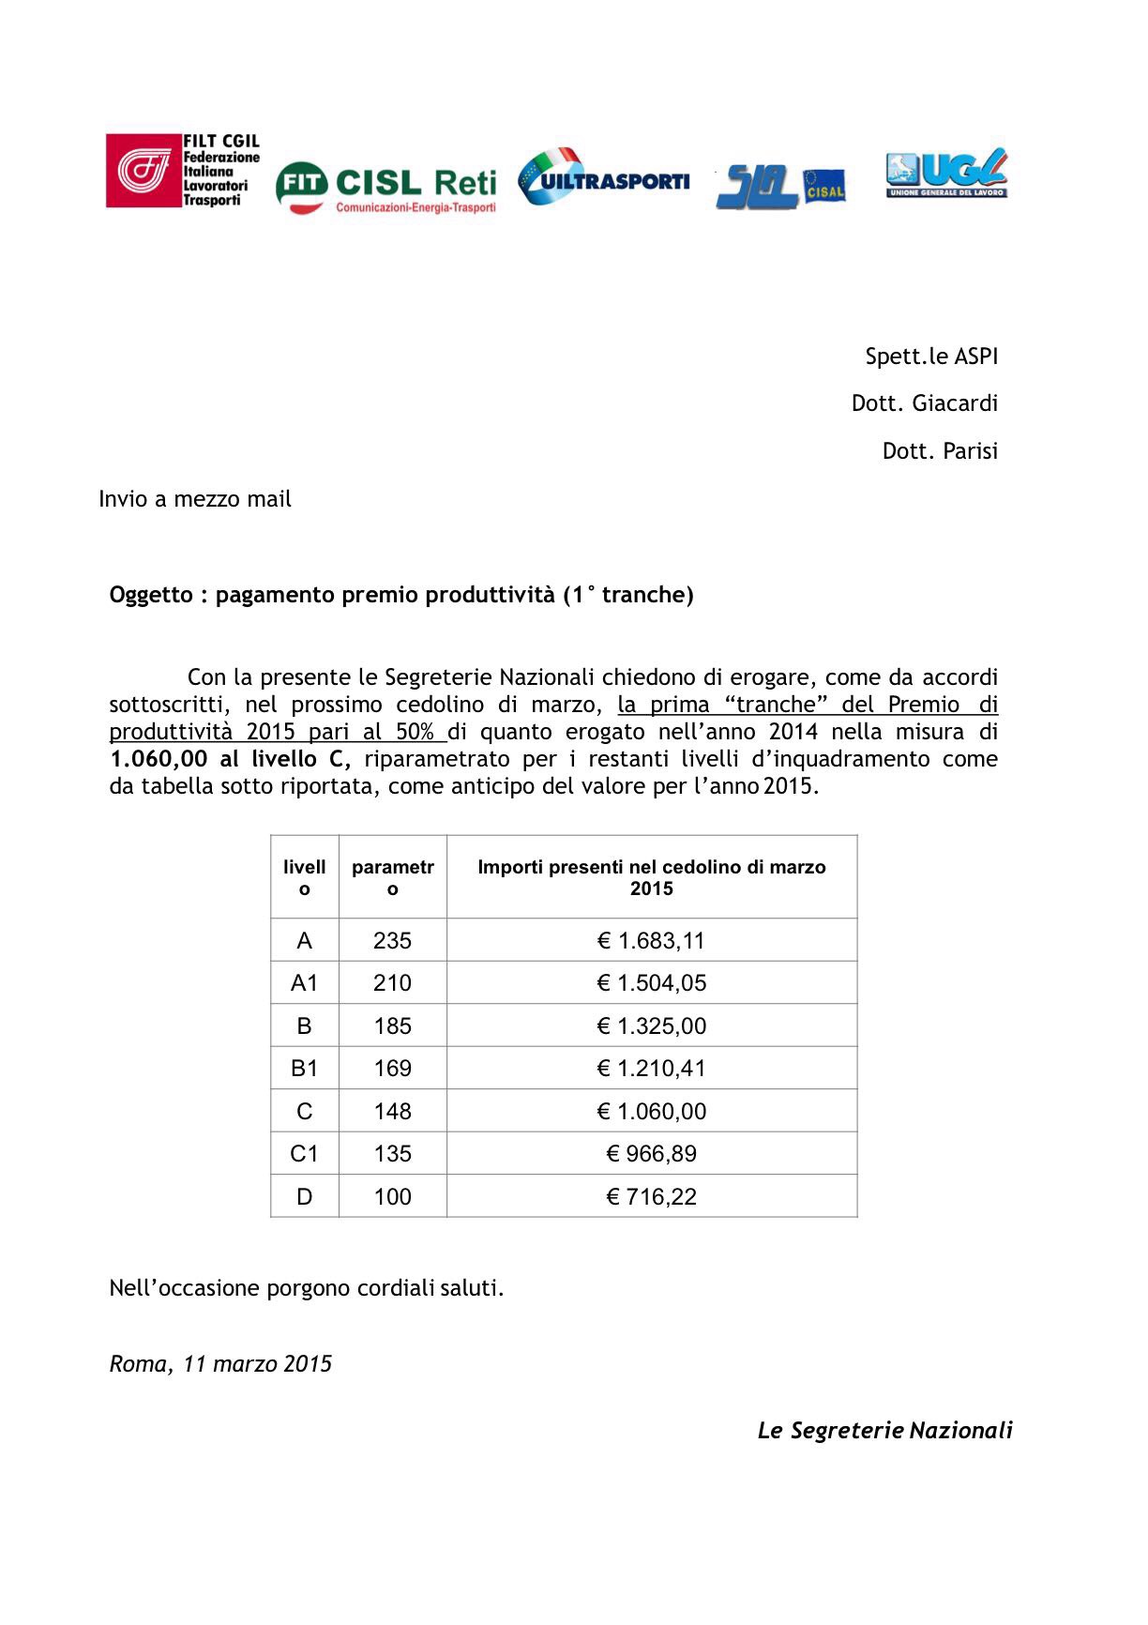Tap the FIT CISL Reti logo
385,186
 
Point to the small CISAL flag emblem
824,186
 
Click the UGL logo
946,174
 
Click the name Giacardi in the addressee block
955,403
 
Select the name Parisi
970,451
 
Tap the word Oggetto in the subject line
150,595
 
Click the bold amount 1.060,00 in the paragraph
158,759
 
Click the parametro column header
393,877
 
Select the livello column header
305,877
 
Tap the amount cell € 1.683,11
651,940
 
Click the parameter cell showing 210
392,983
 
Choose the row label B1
304,1069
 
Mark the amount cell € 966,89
651,1154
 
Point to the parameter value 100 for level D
392,1197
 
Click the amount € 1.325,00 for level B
651,1026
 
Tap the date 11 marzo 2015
257,1364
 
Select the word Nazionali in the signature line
960,1431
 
